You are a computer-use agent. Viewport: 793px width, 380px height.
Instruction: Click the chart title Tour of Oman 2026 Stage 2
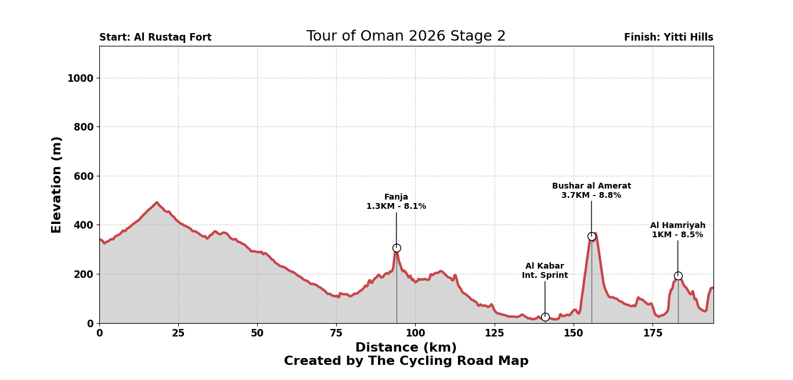406,36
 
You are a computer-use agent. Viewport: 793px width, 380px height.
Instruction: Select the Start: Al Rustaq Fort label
155,38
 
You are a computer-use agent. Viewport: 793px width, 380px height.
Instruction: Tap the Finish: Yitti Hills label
668,38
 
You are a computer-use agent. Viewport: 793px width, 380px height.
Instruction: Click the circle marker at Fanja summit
396,248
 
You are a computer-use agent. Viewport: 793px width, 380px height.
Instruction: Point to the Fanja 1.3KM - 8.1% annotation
396,202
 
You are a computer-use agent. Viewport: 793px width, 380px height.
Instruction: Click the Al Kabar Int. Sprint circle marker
545,317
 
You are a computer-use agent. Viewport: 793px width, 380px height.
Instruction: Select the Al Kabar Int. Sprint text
545,271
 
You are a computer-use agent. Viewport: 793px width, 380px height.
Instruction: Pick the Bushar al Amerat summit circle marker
592,236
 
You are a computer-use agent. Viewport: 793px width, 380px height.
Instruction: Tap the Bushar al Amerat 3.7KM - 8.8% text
591,191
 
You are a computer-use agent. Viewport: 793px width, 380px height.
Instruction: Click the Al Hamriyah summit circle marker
678,276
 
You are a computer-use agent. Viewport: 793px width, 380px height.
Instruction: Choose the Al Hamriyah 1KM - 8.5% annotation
677,230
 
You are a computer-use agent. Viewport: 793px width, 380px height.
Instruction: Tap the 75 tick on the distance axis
336,334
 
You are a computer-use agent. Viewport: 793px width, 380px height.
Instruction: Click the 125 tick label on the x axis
494,334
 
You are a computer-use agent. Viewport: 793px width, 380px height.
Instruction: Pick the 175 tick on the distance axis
653,334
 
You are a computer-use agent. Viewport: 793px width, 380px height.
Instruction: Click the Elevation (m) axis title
57,184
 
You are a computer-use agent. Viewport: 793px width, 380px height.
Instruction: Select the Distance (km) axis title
406,348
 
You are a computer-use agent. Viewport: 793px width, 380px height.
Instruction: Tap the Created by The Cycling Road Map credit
406,361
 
